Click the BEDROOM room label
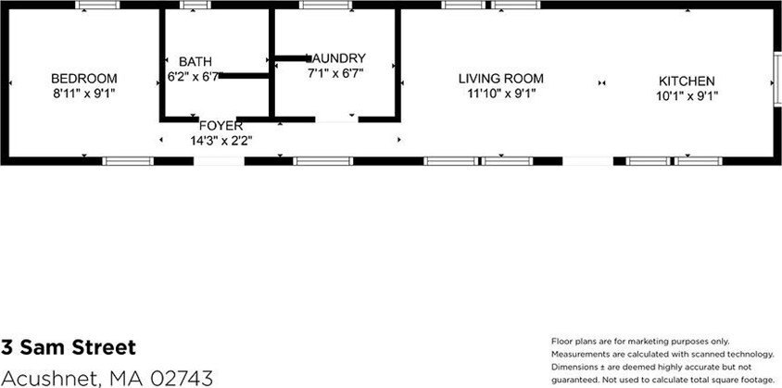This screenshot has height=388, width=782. coord(84,79)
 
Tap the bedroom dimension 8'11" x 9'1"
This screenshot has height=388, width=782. coord(84,94)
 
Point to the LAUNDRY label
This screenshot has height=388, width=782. coord(336,57)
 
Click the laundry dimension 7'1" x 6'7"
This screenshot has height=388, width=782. coord(335,73)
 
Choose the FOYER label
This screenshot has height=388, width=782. coord(221,126)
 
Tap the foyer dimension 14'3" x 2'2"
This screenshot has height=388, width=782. coord(221,141)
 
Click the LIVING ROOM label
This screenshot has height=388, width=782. coord(501,79)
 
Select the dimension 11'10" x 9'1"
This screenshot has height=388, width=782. coord(501,94)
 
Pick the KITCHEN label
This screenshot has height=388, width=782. coord(687,81)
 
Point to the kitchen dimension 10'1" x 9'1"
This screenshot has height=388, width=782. coord(687,95)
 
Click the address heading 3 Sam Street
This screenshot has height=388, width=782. coord(69,347)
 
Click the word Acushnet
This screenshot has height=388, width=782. coord(48,378)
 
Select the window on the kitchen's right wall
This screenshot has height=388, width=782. coord(777,79)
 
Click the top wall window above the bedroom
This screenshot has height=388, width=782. coord(98,5)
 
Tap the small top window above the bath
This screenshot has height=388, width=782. coord(195,5)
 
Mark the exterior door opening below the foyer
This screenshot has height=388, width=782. coord(219,161)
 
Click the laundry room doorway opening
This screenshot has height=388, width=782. coord(336,119)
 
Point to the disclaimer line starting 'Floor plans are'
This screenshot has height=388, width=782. coord(640,342)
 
